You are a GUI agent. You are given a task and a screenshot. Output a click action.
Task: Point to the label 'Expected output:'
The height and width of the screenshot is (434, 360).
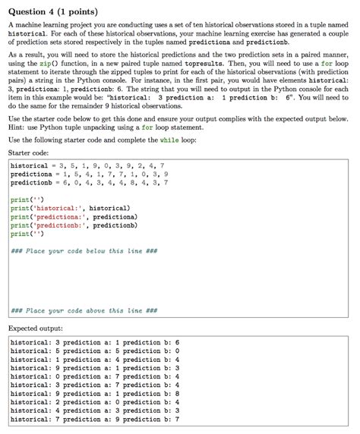[x=35, y=329]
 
